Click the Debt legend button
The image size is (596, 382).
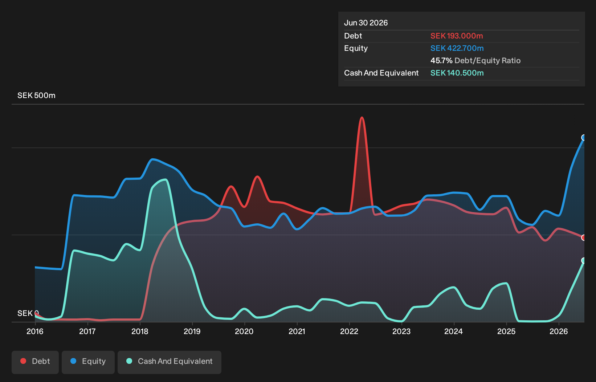tap(35, 362)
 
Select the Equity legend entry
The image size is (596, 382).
tap(88, 362)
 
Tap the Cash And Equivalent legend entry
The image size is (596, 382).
tap(170, 362)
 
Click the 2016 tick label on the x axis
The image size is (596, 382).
tap(35, 332)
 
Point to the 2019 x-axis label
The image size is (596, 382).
tap(192, 332)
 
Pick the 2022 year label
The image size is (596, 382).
tap(349, 332)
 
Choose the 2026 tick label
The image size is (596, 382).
tap(559, 332)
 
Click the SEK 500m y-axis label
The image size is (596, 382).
tap(36, 95)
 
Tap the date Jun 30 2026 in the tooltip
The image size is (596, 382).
tap(366, 23)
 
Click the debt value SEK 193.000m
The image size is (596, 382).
tap(457, 36)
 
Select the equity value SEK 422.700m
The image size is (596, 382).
tap(457, 48)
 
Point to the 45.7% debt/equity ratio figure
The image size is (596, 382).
tap(441, 61)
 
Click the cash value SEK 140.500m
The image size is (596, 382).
tap(457, 73)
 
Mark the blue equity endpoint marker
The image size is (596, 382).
tap(584, 138)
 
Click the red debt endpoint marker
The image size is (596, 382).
tap(584, 237)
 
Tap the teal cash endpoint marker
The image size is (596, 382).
tap(584, 260)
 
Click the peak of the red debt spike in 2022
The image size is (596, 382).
tap(362, 117)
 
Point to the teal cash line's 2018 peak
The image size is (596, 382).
tap(166, 180)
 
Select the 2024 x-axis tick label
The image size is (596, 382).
tap(454, 332)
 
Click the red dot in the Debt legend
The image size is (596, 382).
tap(23, 361)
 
